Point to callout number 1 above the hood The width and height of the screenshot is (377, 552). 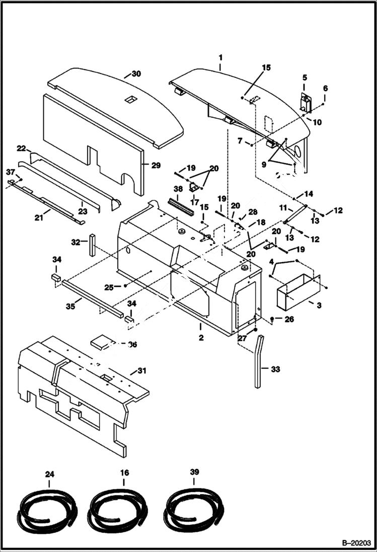point(219,58)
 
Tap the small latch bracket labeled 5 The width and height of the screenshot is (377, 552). point(305,103)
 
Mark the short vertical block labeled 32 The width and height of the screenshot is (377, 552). point(93,244)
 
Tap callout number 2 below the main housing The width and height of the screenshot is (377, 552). point(201,338)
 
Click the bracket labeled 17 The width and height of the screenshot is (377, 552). point(193,187)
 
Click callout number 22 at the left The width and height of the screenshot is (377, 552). point(21,148)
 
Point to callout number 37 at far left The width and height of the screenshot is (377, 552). point(11,172)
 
